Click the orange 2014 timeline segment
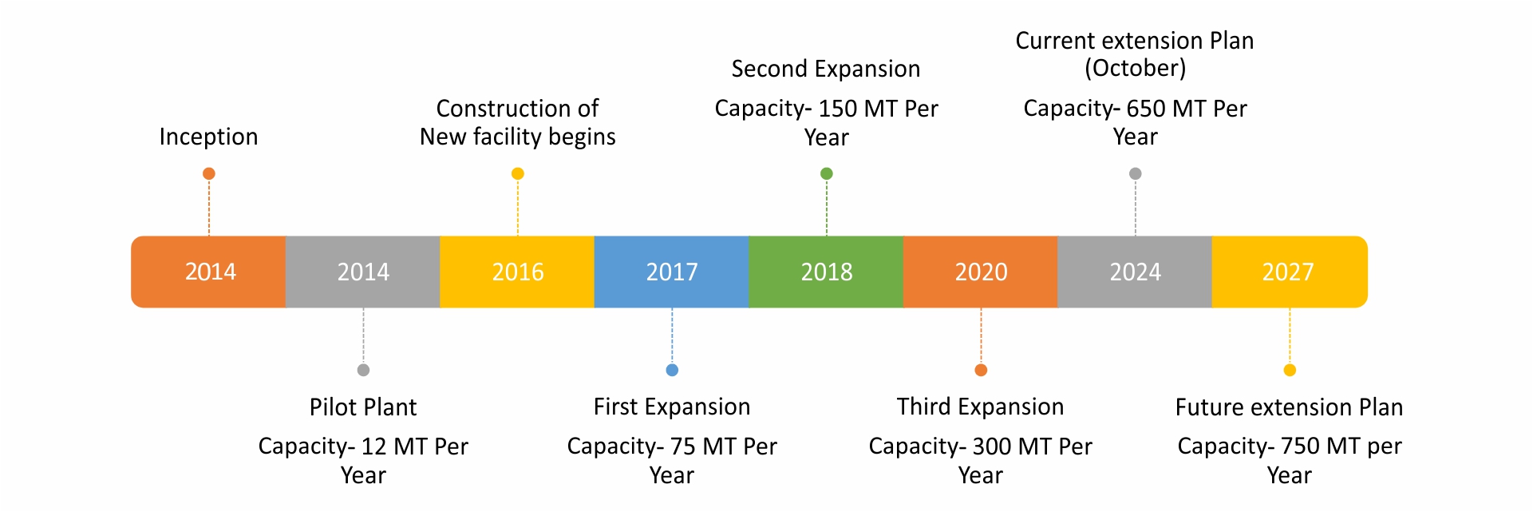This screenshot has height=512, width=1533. (x=209, y=272)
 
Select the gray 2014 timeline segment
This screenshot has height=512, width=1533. (x=363, y=272)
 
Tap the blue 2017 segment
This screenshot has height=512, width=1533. (x=672, y=272)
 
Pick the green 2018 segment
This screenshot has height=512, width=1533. (x=827, y=272)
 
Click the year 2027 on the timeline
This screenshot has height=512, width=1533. (x=1288, y=272)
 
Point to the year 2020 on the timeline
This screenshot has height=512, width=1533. (x=981, y=272)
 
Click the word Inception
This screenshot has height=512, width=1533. (x=208, y=137)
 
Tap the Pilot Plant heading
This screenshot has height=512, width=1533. (x=363, y=407)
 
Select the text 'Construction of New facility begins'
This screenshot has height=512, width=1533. (x=518, y=122)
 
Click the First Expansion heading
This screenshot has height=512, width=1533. (x=672, y=407)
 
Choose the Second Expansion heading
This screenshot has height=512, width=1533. (x=826, y=69)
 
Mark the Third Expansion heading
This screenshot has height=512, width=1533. (x=980, y=407)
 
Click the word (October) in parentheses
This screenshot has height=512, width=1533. (x=1135, y=69)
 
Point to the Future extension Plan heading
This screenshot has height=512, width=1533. (x=1289, y=407)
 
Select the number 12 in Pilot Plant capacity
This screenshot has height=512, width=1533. (x=373, y=447)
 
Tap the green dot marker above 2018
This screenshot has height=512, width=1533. (x=827, y=173)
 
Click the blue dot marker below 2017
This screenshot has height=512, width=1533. (x=672, y=370)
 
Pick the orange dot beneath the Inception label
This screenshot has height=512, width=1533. (x=209, y=173)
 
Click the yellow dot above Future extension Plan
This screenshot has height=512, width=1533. (x=1290, y=370)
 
